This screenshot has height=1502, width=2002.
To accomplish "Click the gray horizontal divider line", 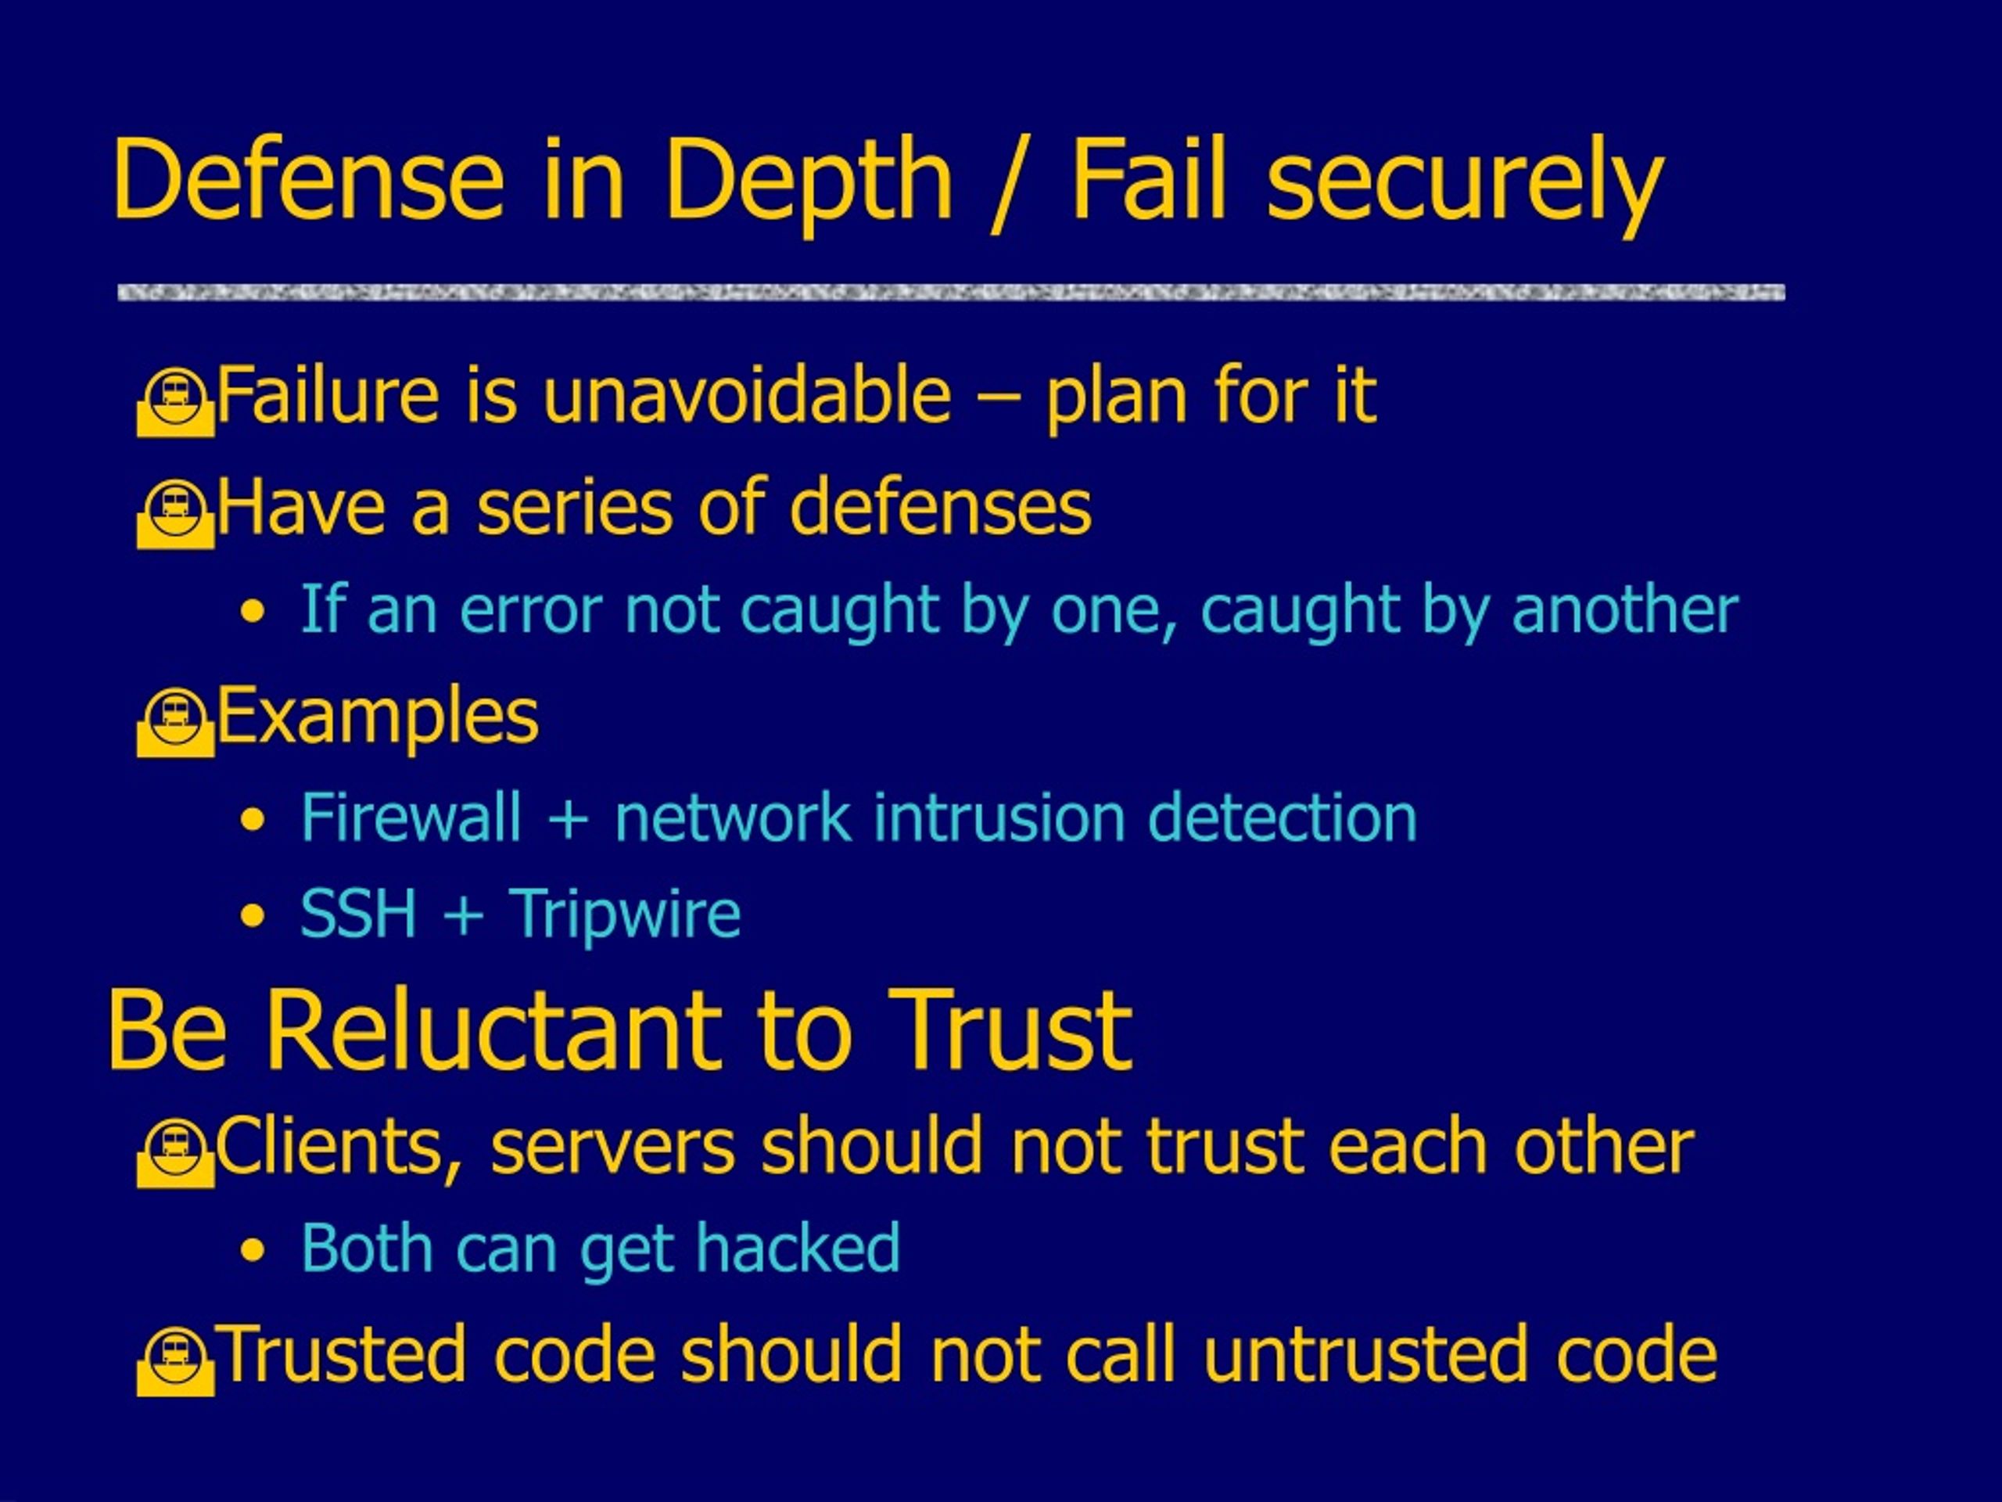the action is point(951,293).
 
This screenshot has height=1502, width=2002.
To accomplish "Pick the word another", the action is point(1624,609).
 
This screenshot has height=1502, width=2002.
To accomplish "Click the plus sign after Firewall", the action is point(569,819).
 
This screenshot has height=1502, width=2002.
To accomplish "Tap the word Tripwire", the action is point(625,914).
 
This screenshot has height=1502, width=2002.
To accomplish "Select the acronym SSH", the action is point(358,914).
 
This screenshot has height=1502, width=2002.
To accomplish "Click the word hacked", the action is point(798,1248).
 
